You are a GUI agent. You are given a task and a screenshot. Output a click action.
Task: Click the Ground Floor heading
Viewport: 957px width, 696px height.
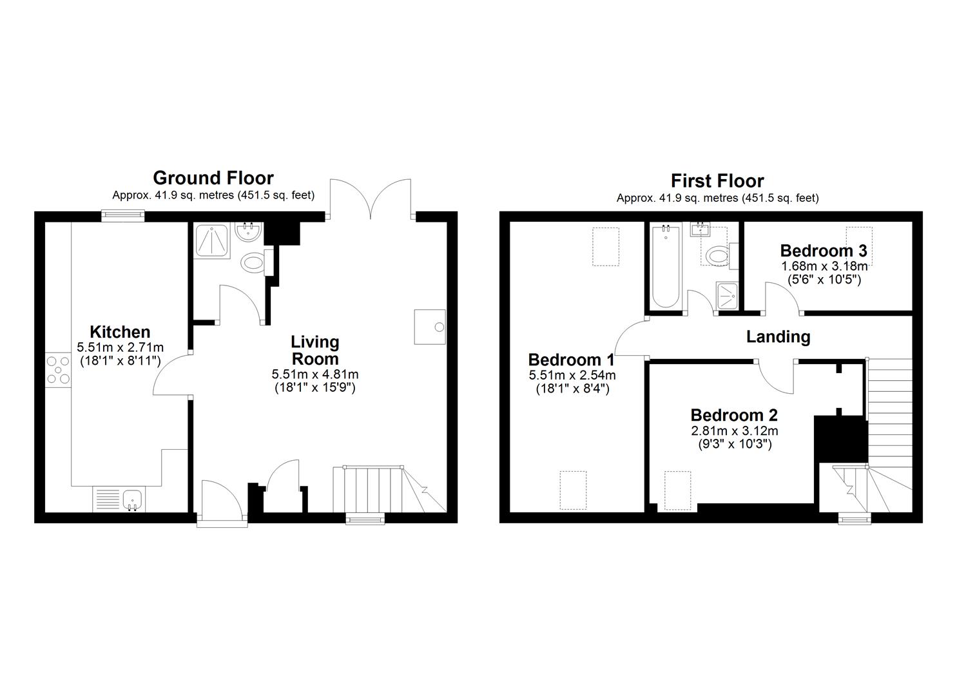(213, 178)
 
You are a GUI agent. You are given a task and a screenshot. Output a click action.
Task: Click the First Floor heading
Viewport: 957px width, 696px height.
(717, 180)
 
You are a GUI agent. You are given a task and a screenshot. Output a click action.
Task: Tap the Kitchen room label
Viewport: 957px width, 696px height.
(120, 332)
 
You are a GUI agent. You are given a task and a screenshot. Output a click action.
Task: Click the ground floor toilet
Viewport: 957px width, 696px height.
(253, 262)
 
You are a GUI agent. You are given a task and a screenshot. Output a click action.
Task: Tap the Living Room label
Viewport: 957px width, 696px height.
(314, 350)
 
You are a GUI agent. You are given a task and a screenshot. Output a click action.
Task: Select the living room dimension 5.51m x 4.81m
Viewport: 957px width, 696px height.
(314, 374)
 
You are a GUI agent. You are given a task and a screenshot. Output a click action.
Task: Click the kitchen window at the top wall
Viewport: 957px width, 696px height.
(121, 216)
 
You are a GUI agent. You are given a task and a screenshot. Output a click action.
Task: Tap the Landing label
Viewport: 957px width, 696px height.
(778, 336)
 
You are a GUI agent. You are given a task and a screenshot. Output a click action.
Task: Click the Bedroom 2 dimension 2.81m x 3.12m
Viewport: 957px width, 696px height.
(734, 430)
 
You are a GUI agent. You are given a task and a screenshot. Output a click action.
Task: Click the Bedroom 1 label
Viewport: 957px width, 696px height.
(571, 359)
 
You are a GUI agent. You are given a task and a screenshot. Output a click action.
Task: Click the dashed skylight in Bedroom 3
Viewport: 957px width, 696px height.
(859, 245)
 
